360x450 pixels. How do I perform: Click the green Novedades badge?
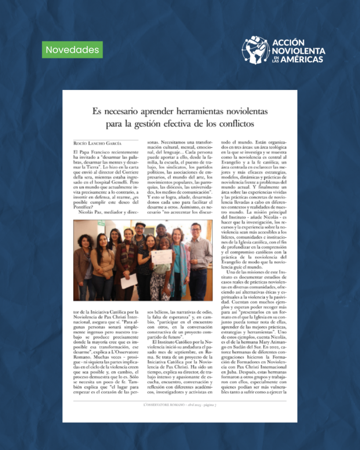pyautogui.click(x=73, y=50)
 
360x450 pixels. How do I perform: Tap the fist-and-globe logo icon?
pyautogui.click(x=255, y=50)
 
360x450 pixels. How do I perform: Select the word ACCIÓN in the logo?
pyautogui.click(x=288, y=42)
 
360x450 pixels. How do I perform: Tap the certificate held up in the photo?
pyautogui.click(x=161, y=257)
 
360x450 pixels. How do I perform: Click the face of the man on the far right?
pyautogui.click(x=196, y=230)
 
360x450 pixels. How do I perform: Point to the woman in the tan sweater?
pyautogui.click(x=102, y=259)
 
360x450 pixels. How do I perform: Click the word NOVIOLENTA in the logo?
pyautogui.click(x=298, y=51)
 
